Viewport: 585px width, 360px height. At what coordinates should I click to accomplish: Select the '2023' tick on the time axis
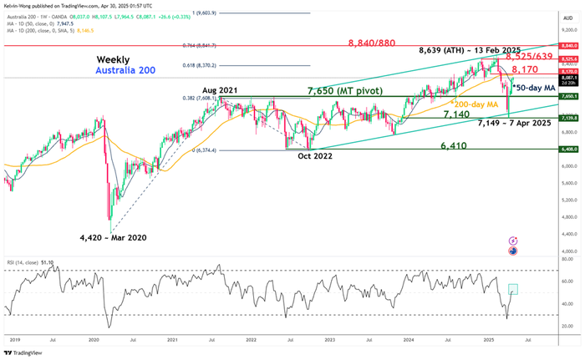click(330, 342)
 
